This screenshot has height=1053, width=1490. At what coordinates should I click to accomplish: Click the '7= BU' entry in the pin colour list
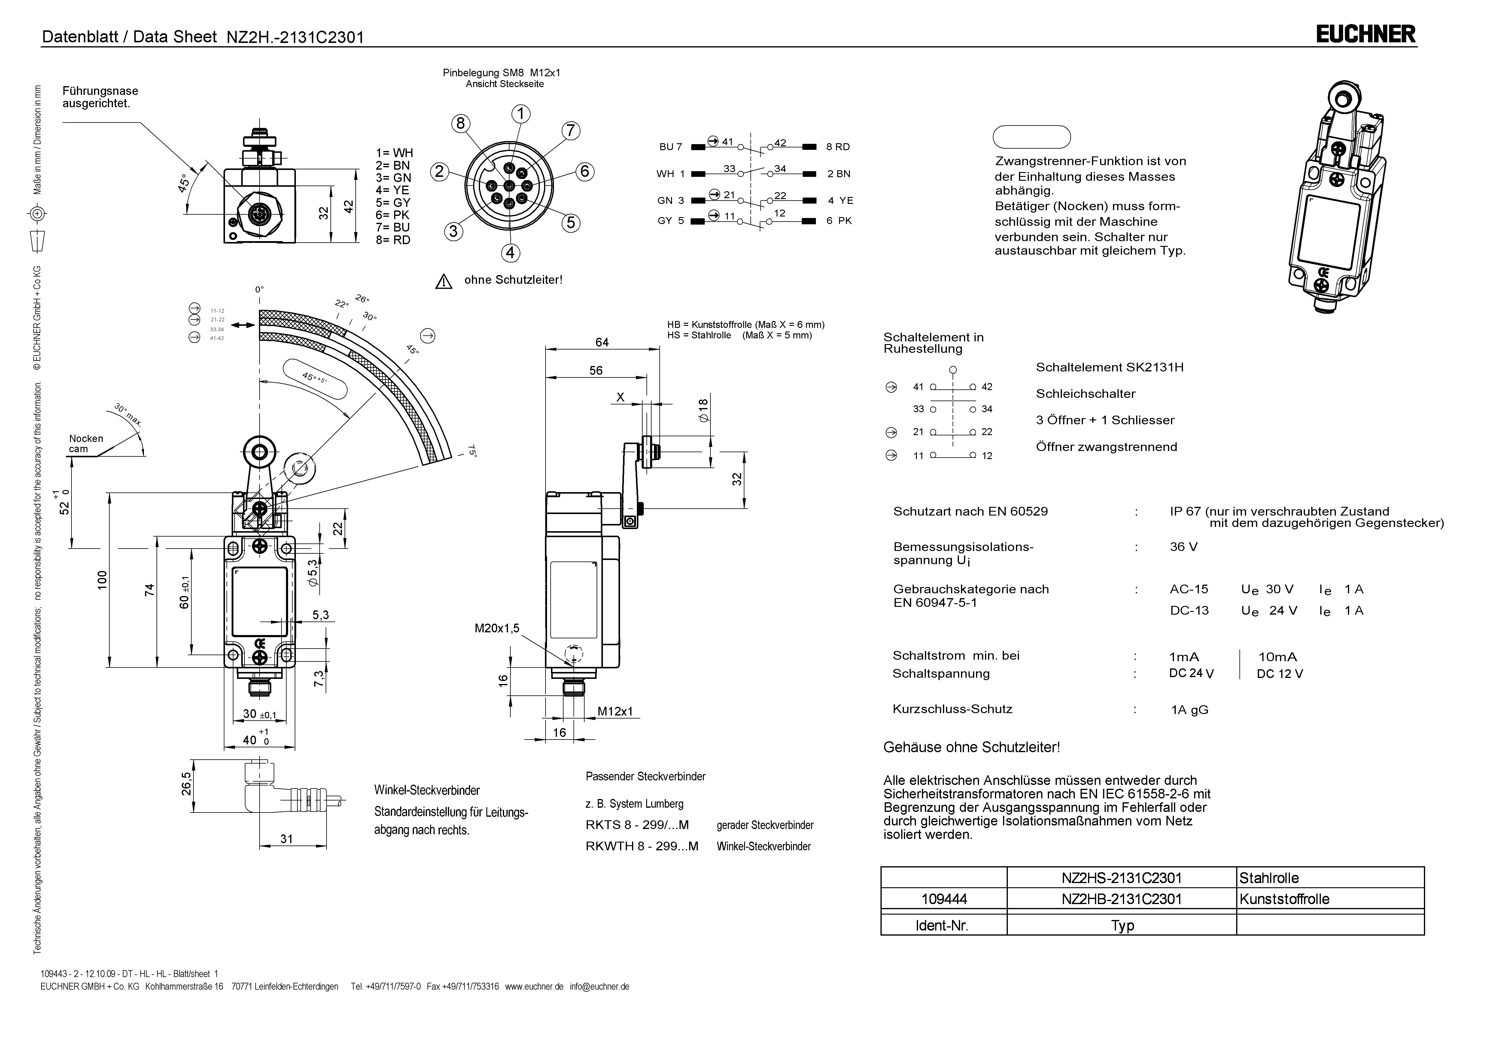point(393,227)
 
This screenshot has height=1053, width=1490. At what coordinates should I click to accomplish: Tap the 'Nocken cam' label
point(86,444)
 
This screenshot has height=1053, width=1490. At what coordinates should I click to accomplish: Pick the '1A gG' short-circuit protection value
point(1190,710)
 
